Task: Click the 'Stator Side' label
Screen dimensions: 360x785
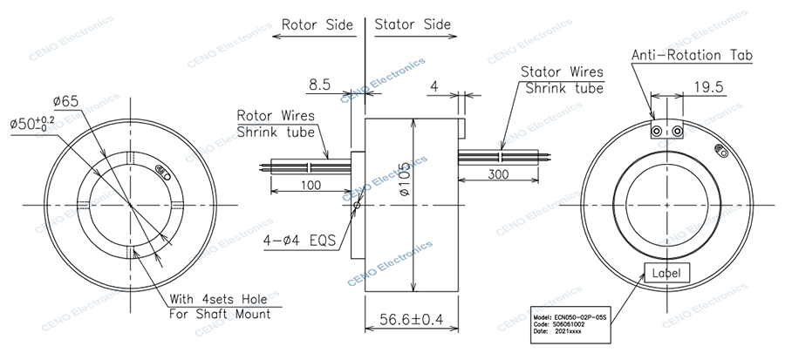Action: tap(413, 25)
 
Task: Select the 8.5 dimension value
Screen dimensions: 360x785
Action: tap(318, 85)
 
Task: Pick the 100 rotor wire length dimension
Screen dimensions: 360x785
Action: tap(310, 185)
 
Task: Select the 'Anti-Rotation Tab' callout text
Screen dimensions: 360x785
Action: tap(693, 56)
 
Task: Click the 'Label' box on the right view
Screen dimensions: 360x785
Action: tap(667, 273)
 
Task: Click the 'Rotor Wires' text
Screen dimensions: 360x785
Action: tap(276, 115)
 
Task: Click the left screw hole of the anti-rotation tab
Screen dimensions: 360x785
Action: tap(659, 131)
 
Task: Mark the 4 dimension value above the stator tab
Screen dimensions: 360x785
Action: tap(433, 85)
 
